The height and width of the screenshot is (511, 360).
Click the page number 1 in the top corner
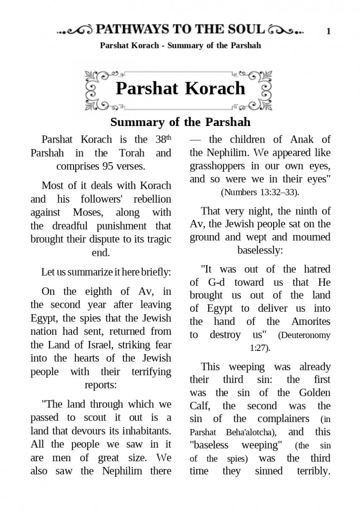click(x=329, y=31)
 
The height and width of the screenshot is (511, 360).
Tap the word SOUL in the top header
click(x=246, y=29)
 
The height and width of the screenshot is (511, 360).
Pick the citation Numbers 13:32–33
click(x=260, y=192)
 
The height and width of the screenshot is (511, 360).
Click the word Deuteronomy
click(x=304, y=335)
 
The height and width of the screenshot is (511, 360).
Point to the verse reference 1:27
click(x=259, y=348)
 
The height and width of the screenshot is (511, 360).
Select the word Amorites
click(x=311, y=322)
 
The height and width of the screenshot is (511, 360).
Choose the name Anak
click(x=302, y=139)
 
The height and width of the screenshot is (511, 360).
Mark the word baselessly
click(x=260, y=250)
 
